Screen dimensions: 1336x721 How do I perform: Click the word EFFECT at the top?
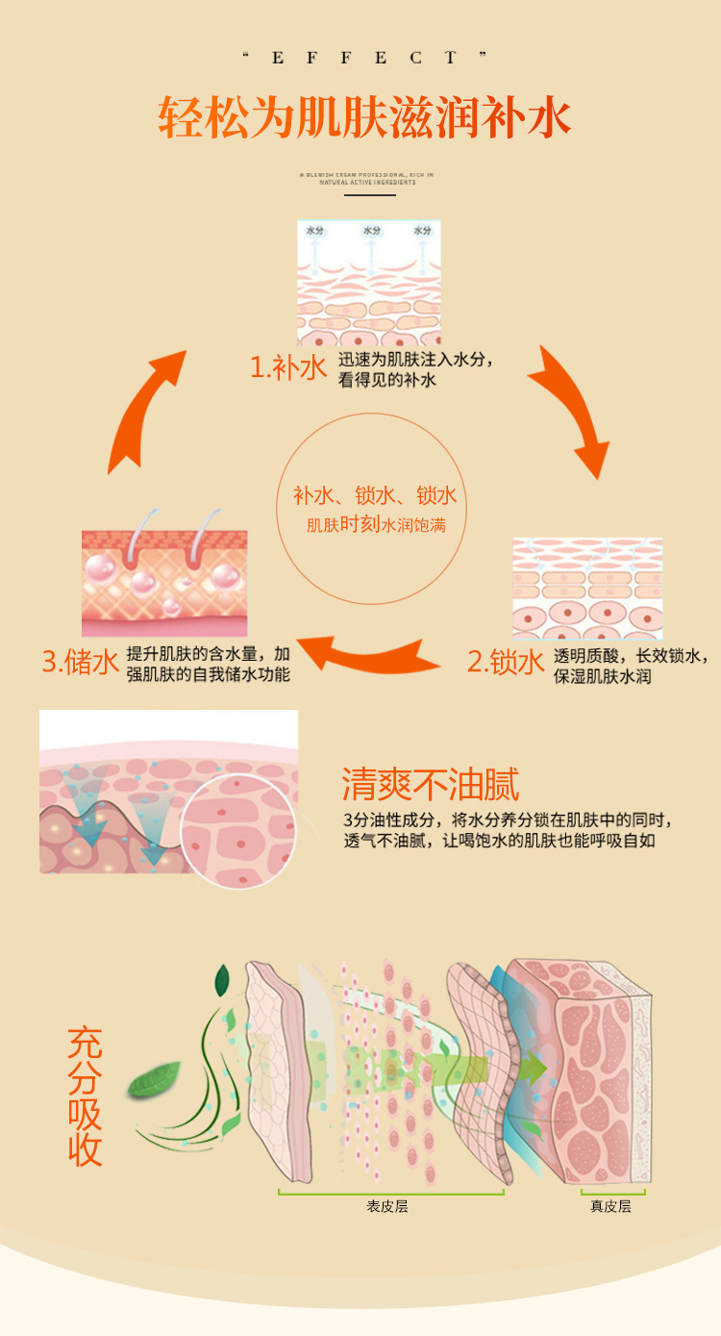pyautogui.click(x=360, y=59)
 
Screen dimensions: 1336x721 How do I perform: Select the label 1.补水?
pyautogui.click(x=288, y=368)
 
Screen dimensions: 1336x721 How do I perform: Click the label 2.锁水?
pyautogui.click(x=506, y=662)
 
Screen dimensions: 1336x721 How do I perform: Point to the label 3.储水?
pyautogui.click(x=81, y=662)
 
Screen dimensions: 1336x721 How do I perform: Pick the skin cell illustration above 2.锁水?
pyautogui.click(x=586, y=588)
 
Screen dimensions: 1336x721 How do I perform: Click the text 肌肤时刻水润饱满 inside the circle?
pyautogui.click(x=376, y=526)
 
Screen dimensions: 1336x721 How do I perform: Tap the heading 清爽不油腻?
pyautogui.click(x=431, y=785)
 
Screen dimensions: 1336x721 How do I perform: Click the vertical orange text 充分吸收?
pyautogui.click(x=86, y=1097)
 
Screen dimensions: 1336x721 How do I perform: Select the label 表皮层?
pyautogui.click(x=387, y=1206)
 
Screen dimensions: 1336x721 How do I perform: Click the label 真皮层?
pyautogui.click(x=610, y=1206)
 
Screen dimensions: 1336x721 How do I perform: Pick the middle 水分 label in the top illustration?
pyautogui.click(x=371, y=231)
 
